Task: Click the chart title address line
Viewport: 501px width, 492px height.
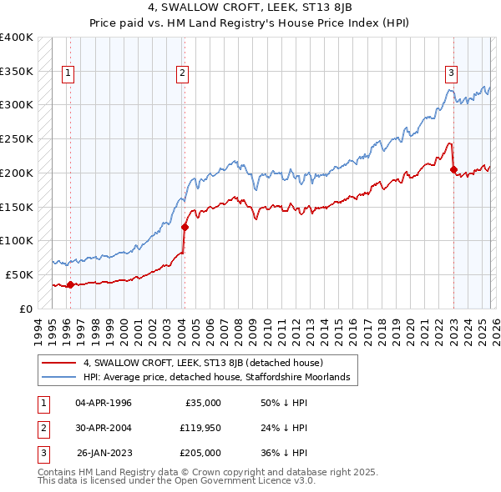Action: point(250,9)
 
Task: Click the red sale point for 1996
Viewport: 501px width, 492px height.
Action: point(70,284)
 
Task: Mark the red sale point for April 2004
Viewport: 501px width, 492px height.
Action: point(185,227)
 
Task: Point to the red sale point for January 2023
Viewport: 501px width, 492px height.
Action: point(453,169)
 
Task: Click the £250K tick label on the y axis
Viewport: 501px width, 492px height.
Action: point(17,138)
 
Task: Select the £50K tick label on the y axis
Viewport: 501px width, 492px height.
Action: point(19,274)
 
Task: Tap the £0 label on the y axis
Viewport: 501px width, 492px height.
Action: point(25,309)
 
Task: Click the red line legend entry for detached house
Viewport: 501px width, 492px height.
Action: point(209,363)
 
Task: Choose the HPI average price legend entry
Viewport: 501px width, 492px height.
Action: point(220,378)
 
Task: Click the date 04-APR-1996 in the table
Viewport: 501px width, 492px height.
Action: point(103,403)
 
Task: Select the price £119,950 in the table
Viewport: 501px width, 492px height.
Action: point(200,428)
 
